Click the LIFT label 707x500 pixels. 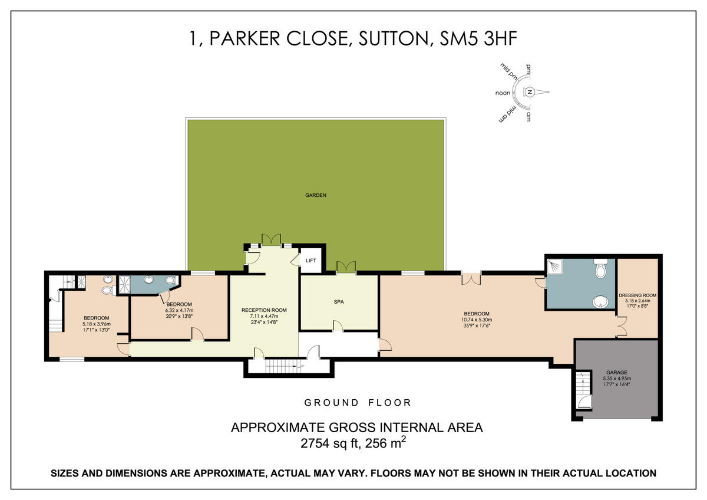(310, 260)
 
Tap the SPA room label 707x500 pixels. (339, 301)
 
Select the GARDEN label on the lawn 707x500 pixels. (316, 195)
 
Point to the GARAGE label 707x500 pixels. (616, 373)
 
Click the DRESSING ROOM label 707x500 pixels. (637, 295)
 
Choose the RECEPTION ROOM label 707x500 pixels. (264, 310)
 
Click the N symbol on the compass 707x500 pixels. (529, 92)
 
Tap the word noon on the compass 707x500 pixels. (503, 93)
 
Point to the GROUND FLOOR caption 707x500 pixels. (358, 403)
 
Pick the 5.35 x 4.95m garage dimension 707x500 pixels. (616, 379)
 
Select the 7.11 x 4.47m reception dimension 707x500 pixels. (264, 317)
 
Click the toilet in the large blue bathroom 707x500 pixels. (600, 270)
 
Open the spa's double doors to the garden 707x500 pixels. (345, 267)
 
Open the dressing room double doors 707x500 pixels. (620, 324)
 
